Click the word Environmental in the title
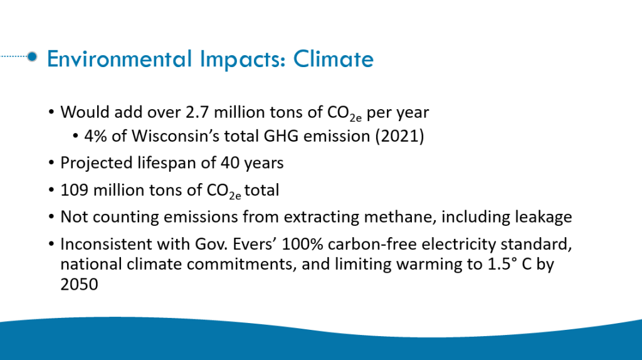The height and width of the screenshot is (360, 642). click(120, 58)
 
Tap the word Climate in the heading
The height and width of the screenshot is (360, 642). click(334, 58)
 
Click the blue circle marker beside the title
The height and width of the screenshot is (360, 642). click(32, 56)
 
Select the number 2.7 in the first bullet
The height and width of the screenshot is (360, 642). click(197, 112)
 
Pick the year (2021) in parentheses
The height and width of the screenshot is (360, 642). click(399, 136)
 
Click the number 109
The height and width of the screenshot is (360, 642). click(74, 191)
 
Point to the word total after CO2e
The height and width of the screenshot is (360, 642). click(261, 191)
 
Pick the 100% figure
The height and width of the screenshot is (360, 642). click(302, 244)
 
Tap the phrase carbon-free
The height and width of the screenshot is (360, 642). click(372, 244)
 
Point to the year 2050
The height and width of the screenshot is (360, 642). click(80, 285)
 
